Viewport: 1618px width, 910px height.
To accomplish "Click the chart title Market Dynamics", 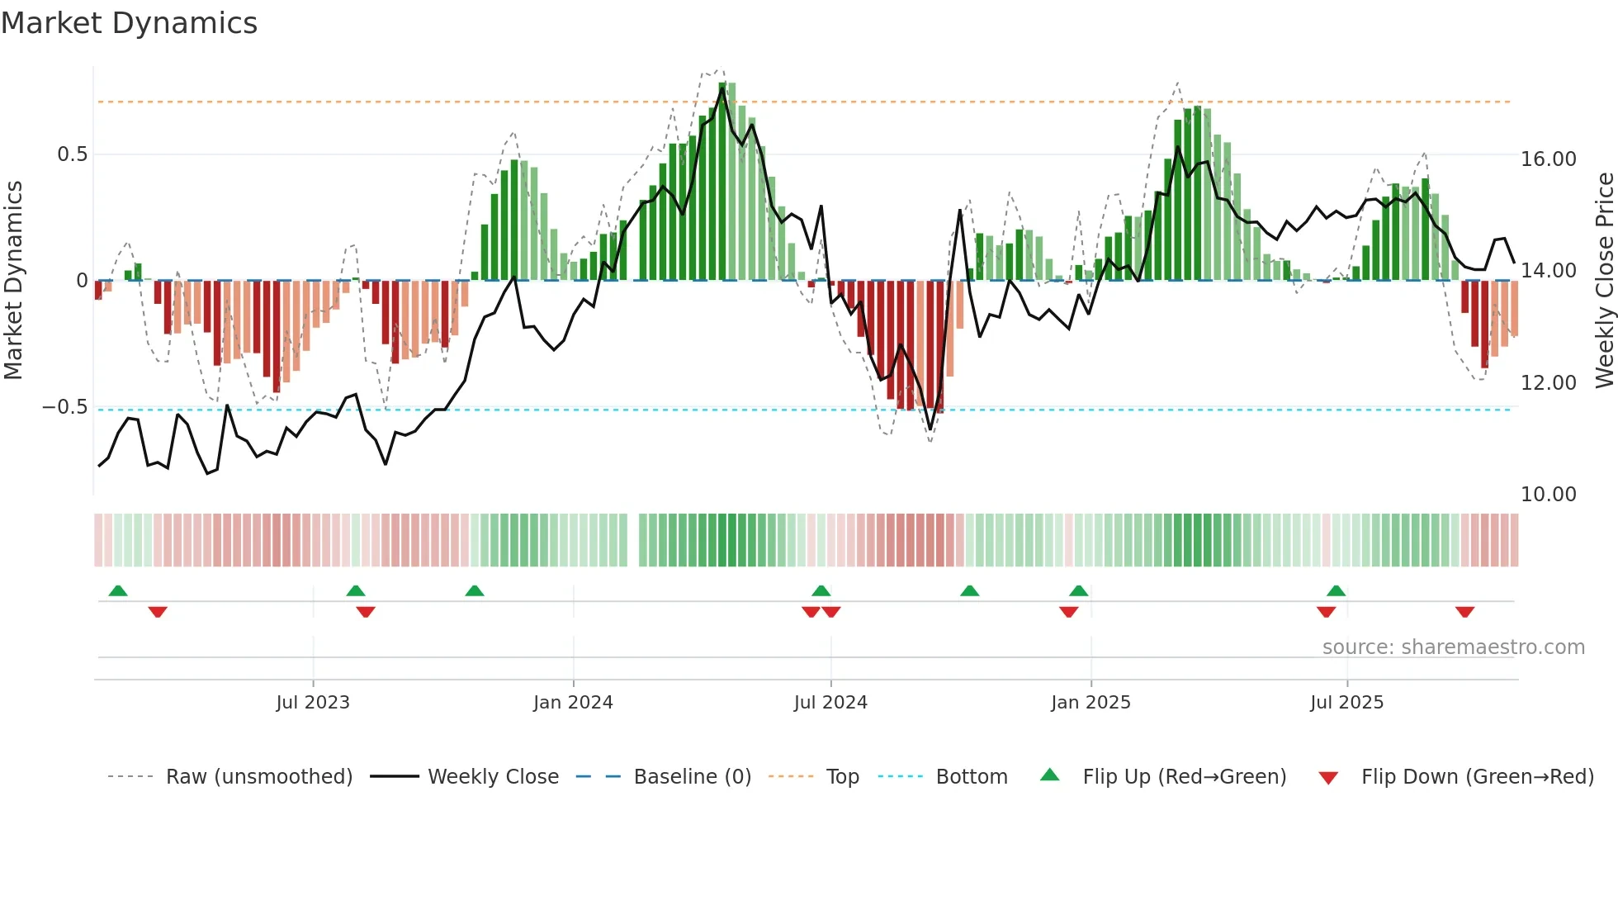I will point(130,23).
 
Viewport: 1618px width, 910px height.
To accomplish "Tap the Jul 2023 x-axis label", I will point(313,703).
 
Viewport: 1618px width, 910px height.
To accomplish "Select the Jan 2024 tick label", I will point(573,703).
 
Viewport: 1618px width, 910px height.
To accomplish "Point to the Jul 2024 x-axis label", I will point(830,703).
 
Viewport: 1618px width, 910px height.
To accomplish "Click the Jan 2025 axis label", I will point(1090,703).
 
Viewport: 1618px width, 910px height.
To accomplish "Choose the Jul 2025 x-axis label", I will point(1346,703).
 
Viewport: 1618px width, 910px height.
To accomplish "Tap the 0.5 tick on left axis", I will point(72,155).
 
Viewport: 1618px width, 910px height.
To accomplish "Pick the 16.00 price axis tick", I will point(1548,159).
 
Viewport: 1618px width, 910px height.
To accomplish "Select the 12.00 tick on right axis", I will point(1548,383).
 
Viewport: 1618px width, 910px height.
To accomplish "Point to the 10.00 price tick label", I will point(1548,495).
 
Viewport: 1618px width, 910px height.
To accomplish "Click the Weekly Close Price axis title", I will point(1604,281).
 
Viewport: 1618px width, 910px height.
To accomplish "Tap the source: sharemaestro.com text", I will point(1453,647).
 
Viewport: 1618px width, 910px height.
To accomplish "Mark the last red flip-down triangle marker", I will point(1464,612).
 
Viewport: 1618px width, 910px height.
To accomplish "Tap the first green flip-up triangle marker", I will point(118,590).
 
